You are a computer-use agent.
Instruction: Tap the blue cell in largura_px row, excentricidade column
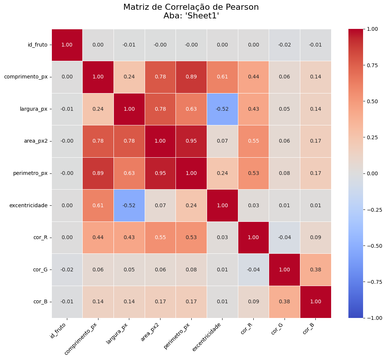(x=222, y=109)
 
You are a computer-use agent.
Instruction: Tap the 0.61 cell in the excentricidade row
(x=98, y=205)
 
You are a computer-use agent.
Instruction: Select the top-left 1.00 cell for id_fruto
(x=67, y=45)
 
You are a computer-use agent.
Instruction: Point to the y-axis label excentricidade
(x=29, y=205)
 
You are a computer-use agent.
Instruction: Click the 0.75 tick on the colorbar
(x=372, y=65)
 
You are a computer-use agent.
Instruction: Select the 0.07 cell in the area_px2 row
(x=222, y=141)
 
